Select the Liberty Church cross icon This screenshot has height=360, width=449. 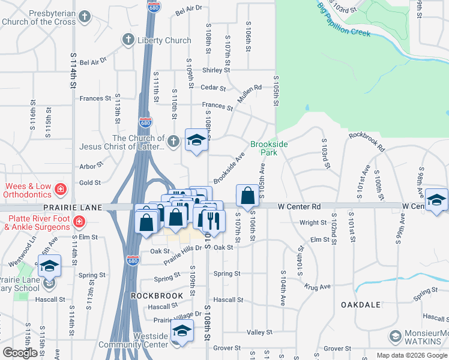[128, 40]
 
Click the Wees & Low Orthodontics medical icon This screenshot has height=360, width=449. [60, 190]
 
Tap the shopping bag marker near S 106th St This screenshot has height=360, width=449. [247, 195]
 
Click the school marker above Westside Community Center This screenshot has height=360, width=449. [181, 332]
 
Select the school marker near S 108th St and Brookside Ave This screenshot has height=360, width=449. [196, 140]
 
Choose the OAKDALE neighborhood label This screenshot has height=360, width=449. [361, 305]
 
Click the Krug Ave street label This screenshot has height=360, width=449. [318, 287]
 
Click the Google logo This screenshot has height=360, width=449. [19, 353]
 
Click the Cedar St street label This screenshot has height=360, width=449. [213, 88]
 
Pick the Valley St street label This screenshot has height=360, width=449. [260, 332]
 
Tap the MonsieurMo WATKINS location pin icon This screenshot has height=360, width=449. [395, 337]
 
